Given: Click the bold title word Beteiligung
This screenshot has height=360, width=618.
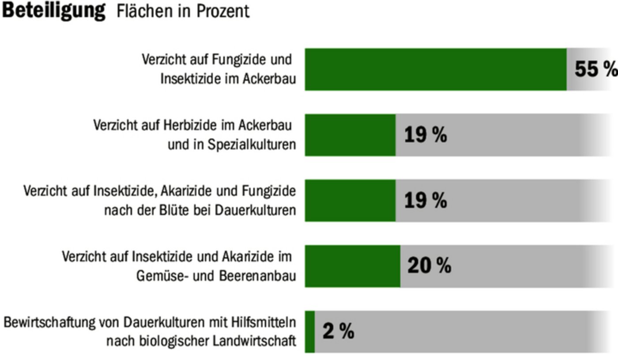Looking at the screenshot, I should tap(53, 11).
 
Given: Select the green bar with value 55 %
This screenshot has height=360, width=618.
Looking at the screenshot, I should tap(436, 69).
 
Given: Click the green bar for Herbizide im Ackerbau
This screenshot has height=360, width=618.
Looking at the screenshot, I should tap(350, 135).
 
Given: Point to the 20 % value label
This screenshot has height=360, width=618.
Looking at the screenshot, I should tap(429, 266).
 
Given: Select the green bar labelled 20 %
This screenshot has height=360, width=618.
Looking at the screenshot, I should tap(353, 266).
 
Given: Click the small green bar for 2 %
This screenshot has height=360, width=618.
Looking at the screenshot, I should tap(310, 331).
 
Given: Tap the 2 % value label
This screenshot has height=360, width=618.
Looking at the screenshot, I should tap(338, 331).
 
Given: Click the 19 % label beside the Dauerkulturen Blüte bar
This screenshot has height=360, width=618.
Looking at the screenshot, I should tap(426, 201).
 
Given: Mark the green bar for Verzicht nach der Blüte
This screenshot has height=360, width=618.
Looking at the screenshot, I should tap(350, 201).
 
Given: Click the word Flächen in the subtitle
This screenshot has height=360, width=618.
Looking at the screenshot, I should tap(144, 11).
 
